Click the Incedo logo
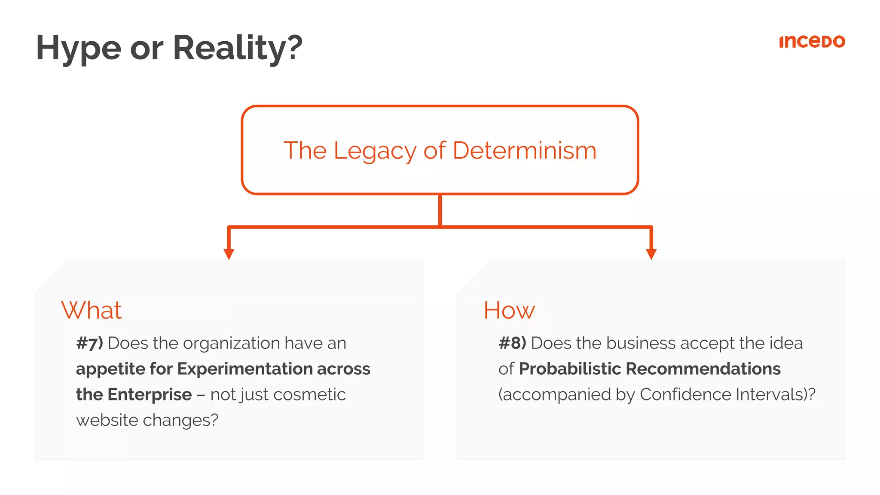coord(812,42)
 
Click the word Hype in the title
coord(79,48)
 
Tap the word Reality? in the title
coord(238,48)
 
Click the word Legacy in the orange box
coord(375,151)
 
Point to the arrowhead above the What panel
coord(229,254)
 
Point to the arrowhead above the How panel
coord(651,254)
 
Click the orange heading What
coord(92,310)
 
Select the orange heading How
coord(509,310)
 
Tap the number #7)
coord(89,343)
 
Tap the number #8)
coord(512,343)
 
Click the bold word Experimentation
coord(244,369)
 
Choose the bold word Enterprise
coord(150,394)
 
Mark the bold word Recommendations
coord(703,369)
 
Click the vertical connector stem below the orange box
coord(440,210)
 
